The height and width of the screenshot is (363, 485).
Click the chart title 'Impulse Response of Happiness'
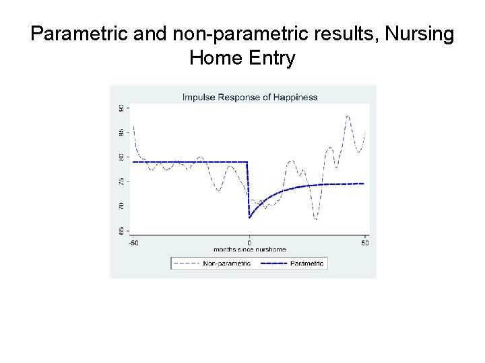coord(249,97)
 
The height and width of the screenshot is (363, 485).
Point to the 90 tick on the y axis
coord(121,108)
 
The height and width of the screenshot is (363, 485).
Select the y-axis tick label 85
coord(121,132)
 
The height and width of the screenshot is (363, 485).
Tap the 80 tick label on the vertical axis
coord(121,157)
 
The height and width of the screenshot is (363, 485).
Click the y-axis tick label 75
coord(121,181)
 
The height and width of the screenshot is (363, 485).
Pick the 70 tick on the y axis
coord(121,205)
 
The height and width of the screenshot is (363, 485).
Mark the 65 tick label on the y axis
coord(121,230)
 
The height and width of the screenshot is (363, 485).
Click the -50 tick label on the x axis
coord(133,242)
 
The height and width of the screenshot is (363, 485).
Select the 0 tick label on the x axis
coord(249,242)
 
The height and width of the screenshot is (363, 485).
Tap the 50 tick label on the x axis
coord(365,242)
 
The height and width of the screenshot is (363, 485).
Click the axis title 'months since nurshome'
coord(249,249)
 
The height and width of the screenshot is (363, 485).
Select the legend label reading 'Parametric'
coord(307,263)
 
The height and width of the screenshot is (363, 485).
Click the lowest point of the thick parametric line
coord(249,217)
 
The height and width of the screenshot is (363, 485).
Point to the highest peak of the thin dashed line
coord(348,116)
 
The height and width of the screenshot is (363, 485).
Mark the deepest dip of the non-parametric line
coord(315,219)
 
